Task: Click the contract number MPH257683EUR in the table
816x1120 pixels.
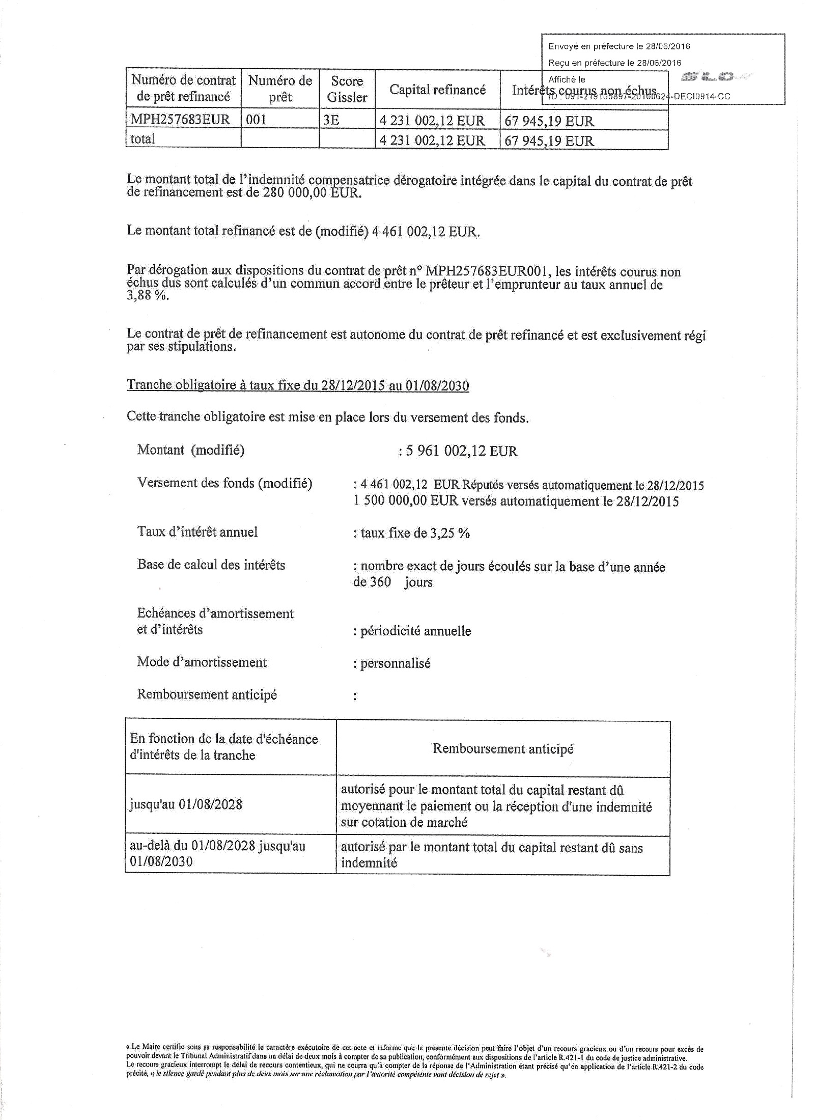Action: (180, 120)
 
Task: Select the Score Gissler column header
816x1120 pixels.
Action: (347, 89)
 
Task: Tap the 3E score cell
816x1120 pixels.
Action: (331, 120)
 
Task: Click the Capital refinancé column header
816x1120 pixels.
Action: (437, 90)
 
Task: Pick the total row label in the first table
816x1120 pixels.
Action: (143, 139)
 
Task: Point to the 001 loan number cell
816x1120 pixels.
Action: (256, 120)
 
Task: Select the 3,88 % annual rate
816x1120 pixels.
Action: (147, 296)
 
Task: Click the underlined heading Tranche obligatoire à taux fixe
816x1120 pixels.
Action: (297, 385)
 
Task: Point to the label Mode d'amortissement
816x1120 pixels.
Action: (202, 662)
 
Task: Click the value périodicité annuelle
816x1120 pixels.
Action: (415, 631)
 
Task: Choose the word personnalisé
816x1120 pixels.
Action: (395, 663)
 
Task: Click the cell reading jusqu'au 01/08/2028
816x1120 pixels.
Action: (186, 805)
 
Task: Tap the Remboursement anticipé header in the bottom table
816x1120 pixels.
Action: (503, 749)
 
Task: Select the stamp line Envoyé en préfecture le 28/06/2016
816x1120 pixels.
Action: (619, 46)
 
